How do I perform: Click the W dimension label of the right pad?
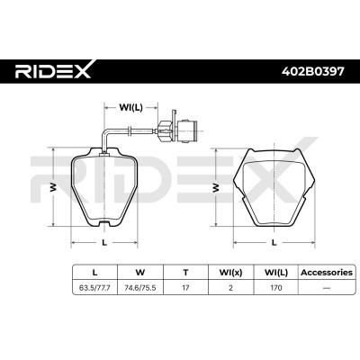[215, 188]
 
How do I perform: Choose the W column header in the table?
[139, 269]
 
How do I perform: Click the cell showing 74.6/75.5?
[139, 288]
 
